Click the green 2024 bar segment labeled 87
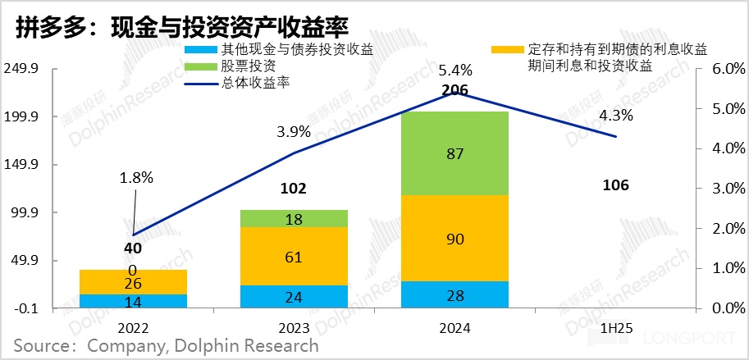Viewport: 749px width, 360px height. pos(454,153)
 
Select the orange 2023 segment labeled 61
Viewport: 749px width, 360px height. pos(294,256)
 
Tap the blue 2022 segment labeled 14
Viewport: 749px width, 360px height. pos(134,301)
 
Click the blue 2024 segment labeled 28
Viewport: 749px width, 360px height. pos(454,294)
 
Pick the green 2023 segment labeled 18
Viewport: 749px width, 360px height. pos(294,218)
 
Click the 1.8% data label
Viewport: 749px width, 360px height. pos(137,177)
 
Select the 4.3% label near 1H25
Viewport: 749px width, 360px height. pos(615,115)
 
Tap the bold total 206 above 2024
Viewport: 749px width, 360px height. pos(454,91)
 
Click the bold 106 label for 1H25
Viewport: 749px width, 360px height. pos(615,185)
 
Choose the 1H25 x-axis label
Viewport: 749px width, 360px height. pos(615,327)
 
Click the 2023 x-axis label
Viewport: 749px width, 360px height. pos(294,327)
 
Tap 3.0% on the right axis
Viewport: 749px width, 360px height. pos(721,189)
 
